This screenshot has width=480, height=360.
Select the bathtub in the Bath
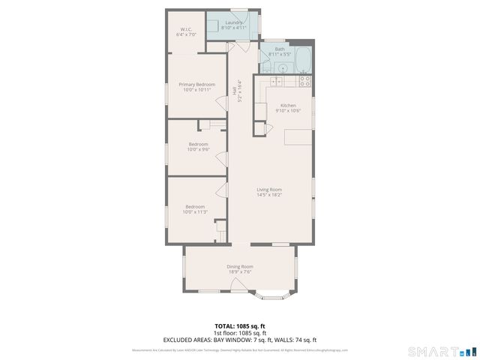pyautogui.click(x=302, y=58)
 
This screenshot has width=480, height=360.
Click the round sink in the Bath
pyautogui.click(x=280, y=67)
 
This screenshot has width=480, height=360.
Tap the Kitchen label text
pyautogui.click(x=288, y=105)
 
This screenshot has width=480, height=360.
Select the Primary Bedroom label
pyautogui.click(x=196, y=85)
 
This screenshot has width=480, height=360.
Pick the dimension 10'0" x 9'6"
pyautogui.click(x=198, y=149)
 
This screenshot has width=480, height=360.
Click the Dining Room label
pyautogui.click(x=240, y=267)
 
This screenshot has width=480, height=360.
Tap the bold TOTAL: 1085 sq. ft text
pyautogui.click(x=240, y=326)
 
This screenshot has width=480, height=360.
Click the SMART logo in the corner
pyautogui.click(x=442, y=351)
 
